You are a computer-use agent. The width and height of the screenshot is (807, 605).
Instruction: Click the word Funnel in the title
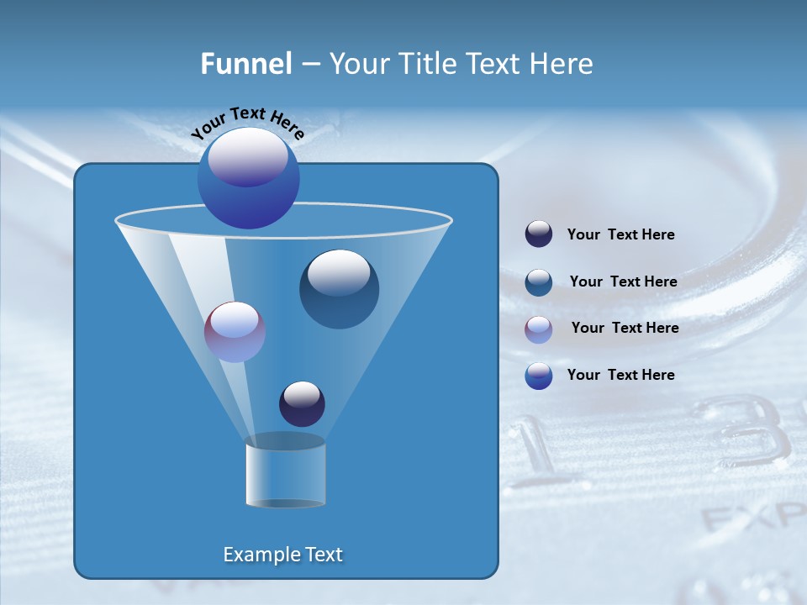click(245, 63)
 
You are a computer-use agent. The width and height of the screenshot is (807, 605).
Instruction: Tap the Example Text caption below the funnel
click(283, 555)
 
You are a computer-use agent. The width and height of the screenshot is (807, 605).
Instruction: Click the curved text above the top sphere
click(247, 123)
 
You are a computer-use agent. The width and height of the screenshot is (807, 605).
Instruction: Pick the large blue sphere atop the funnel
click(248, 178)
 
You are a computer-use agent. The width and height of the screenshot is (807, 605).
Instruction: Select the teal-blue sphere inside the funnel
click(339, 289)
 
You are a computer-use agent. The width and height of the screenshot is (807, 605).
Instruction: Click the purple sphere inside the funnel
click(235, 332)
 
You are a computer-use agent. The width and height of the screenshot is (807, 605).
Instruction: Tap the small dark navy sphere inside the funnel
click(302, 404)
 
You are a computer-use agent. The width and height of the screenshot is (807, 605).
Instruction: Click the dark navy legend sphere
click(539, 234)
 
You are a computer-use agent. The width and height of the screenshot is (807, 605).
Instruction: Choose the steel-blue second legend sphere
click(539, 282)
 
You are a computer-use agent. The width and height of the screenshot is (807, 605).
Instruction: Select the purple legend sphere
click(539, 329)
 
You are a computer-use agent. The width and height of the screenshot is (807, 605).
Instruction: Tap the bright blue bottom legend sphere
click(539, 376)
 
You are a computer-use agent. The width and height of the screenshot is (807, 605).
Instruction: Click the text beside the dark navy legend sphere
click(620, 235)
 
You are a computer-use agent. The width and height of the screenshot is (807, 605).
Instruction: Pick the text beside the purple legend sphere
click(625, 329)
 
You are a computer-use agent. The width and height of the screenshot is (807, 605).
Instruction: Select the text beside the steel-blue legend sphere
click(623, 282)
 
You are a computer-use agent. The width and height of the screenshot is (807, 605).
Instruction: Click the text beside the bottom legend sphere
click(620, 375)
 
